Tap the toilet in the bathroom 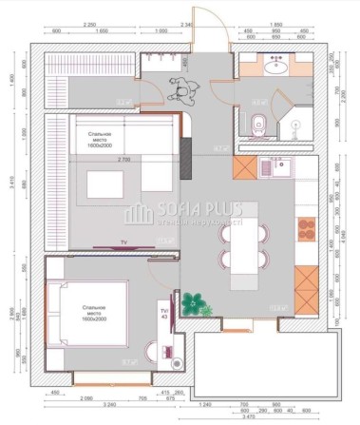(x=260, y=122)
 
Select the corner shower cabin (x=296, y=124)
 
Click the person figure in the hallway (x=180, y=92)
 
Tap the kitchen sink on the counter (x=282, y=168)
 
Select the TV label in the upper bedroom (x=122, y=242)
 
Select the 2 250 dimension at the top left (x=91, y=23)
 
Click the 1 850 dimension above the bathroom (x=277, y=23)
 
